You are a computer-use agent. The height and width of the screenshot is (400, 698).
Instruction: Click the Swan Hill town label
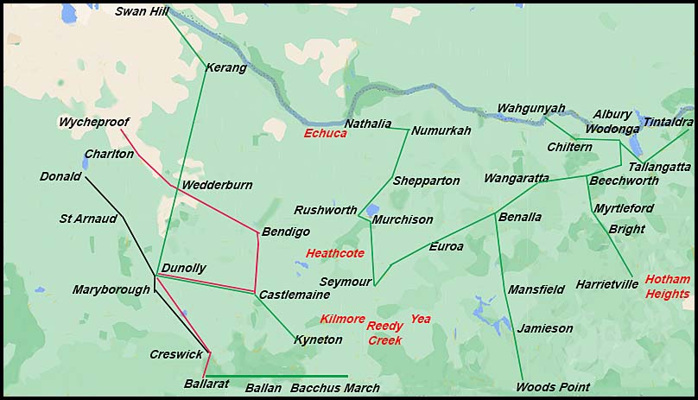point(143,11)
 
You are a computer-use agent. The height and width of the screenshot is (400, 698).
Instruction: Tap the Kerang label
point(226,67)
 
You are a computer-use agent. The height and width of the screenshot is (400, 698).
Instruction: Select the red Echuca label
point(325,133)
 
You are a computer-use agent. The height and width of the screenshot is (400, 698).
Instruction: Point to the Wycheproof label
point(93,122)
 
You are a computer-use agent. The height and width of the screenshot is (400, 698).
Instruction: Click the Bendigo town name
point(285,232)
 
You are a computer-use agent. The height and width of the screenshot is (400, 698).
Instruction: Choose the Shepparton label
point(426,181)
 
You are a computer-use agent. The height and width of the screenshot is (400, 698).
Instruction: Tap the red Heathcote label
point(335,253)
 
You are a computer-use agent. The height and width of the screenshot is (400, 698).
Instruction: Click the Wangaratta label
point(517,178)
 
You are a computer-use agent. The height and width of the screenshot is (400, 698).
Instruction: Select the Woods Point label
point(553,387)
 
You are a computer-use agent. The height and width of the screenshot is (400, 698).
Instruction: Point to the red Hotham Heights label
point(668,286)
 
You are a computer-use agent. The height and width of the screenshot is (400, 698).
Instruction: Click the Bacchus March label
point(334,388)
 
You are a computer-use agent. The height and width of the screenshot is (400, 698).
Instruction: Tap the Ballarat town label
point(206,384)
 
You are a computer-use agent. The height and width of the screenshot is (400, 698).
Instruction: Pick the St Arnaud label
point(87,219)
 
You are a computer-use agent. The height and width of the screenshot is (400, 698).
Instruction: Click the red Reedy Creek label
point(385,333)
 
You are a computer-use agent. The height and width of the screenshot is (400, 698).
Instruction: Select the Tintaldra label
point(668,122)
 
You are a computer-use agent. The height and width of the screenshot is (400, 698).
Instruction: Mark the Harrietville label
point(607,284)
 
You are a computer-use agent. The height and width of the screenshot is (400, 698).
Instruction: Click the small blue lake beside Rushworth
point(371,210)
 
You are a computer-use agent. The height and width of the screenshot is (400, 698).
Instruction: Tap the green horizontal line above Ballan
point(276,376)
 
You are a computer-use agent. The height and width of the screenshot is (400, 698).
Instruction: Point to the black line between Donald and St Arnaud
point(104,197)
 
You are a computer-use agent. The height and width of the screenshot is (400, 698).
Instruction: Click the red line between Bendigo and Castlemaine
point(257,263)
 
